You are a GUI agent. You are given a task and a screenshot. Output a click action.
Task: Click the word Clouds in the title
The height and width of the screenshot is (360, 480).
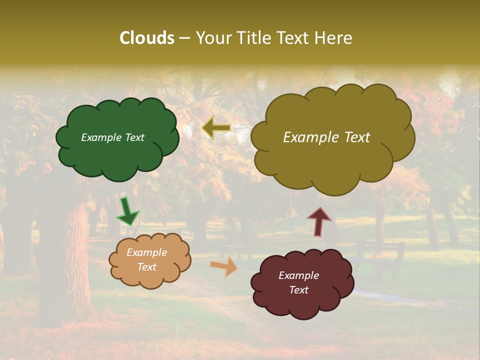(x=146, y=38)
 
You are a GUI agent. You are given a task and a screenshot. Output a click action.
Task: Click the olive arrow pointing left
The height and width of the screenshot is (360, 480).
(x=216, y=128)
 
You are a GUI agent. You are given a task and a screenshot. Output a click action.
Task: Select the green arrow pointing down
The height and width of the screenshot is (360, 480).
(x=127, y=212)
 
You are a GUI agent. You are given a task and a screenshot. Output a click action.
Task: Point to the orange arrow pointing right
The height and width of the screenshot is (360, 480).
(x=224, y=266)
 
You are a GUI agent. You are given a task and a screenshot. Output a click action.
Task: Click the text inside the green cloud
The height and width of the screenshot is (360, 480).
(x=112, y=137)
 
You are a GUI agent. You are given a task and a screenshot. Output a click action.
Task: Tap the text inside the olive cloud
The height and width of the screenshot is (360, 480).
(x=326, y=137)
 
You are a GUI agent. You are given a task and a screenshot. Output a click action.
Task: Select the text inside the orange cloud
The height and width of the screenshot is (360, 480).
(x=146, y=260)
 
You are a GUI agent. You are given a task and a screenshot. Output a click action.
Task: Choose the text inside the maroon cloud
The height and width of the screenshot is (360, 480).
(x=298, y=282)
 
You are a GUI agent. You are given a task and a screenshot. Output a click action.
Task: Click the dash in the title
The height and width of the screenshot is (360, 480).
(x=184, y=38)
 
